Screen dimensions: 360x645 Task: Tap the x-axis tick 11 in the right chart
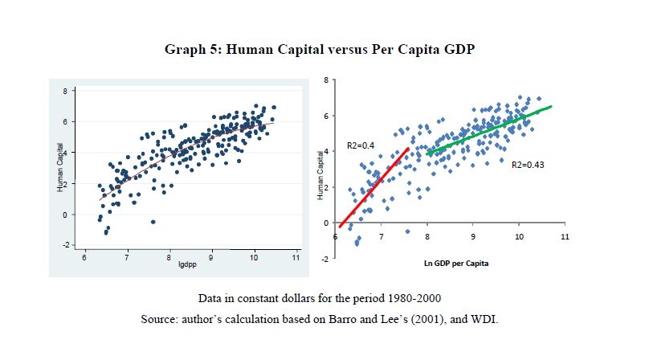(x=565, y=237)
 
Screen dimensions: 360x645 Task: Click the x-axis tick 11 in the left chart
(x=296, y=256)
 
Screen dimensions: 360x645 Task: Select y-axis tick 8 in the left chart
(x=67, y=91)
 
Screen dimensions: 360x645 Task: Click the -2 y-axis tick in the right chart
(x=324, y=259)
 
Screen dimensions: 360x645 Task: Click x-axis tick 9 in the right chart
(x=473, y=237)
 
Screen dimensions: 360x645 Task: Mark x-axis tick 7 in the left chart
(x=127, y=256)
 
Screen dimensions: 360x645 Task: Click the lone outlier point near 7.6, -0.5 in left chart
(x=153, y=222)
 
